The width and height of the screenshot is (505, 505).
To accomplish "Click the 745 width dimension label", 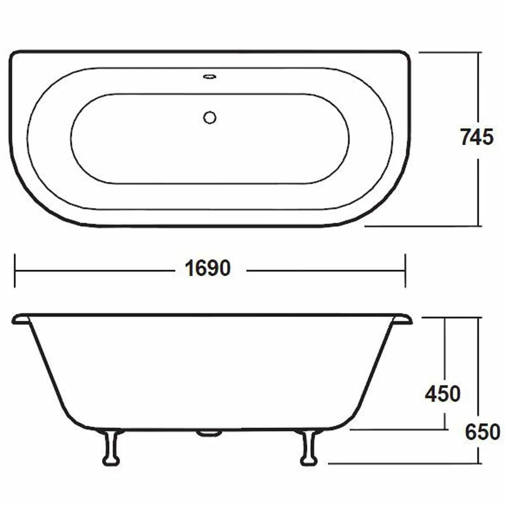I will tap(476, 137).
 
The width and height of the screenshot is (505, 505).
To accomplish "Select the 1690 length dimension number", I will tap(208, 269).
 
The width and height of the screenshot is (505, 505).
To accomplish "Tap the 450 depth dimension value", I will tap(442, 394).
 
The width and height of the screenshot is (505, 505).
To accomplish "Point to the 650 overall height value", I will tap(483, 432).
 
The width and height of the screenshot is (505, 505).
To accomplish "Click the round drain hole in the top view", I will tap(210, 118).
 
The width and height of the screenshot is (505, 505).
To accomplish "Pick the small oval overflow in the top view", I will tap(210, 77).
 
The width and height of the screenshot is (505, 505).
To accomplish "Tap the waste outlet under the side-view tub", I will tap(209, 433).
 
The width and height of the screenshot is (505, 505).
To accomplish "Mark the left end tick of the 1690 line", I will tap(15, 271).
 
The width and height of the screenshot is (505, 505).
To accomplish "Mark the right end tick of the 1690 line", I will tap(405, 271).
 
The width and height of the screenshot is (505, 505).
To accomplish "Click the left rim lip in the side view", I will tap(20, 319).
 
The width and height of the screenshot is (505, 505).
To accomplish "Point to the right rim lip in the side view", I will tap(403, 319).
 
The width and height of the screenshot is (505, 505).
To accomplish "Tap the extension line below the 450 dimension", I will tap(399, 430).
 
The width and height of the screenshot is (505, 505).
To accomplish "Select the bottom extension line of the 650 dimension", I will tap(404, 463).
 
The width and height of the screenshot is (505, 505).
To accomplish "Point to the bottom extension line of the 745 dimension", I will tap(422, 226).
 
